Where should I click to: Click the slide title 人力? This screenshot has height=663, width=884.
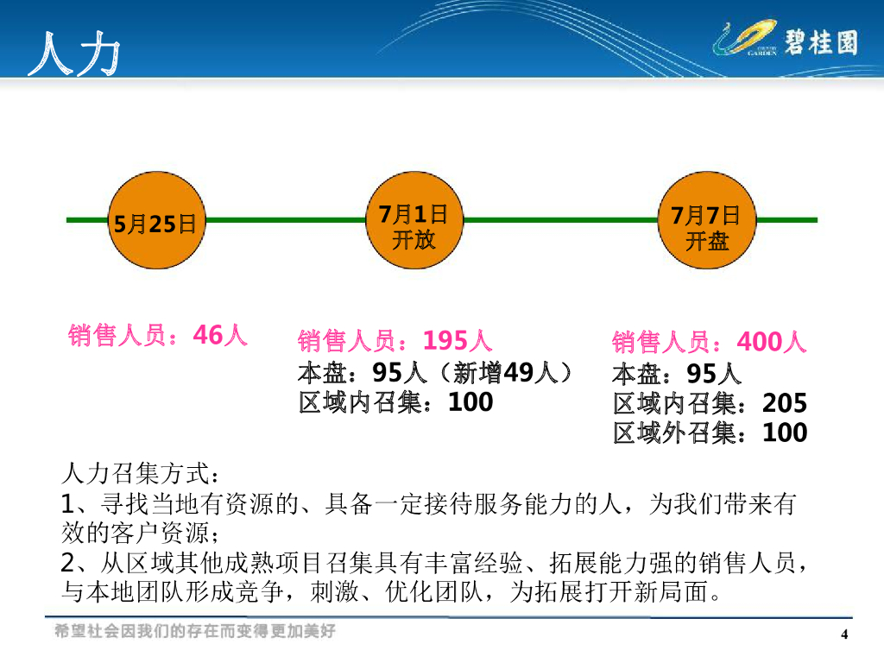click(73, 54)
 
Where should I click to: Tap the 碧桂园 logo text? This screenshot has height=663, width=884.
click(822, 41)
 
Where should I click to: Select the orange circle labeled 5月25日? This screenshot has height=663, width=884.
click(155, 221)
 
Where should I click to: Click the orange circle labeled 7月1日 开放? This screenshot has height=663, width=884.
click(414, 221)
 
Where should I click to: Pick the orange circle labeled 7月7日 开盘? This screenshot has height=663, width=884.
click(707, 221)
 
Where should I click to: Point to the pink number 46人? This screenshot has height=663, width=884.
click(221, 335)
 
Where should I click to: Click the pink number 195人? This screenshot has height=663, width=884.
click(458, 341)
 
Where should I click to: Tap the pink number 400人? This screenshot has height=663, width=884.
click(772, 343)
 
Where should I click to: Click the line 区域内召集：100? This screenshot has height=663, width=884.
click(396, 401)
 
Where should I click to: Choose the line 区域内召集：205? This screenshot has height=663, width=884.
click(710, 403)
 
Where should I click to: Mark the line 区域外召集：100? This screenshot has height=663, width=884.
click(710, 432)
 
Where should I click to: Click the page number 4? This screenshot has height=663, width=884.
click(845, 635)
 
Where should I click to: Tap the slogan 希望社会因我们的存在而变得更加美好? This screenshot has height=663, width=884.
click(194, 631)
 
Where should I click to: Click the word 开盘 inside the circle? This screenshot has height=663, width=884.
click(707, 240)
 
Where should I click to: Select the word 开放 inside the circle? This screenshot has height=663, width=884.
click(414, 239)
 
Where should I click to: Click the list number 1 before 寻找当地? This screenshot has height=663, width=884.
click(70, 504)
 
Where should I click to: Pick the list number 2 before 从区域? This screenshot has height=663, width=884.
click(71, 564)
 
